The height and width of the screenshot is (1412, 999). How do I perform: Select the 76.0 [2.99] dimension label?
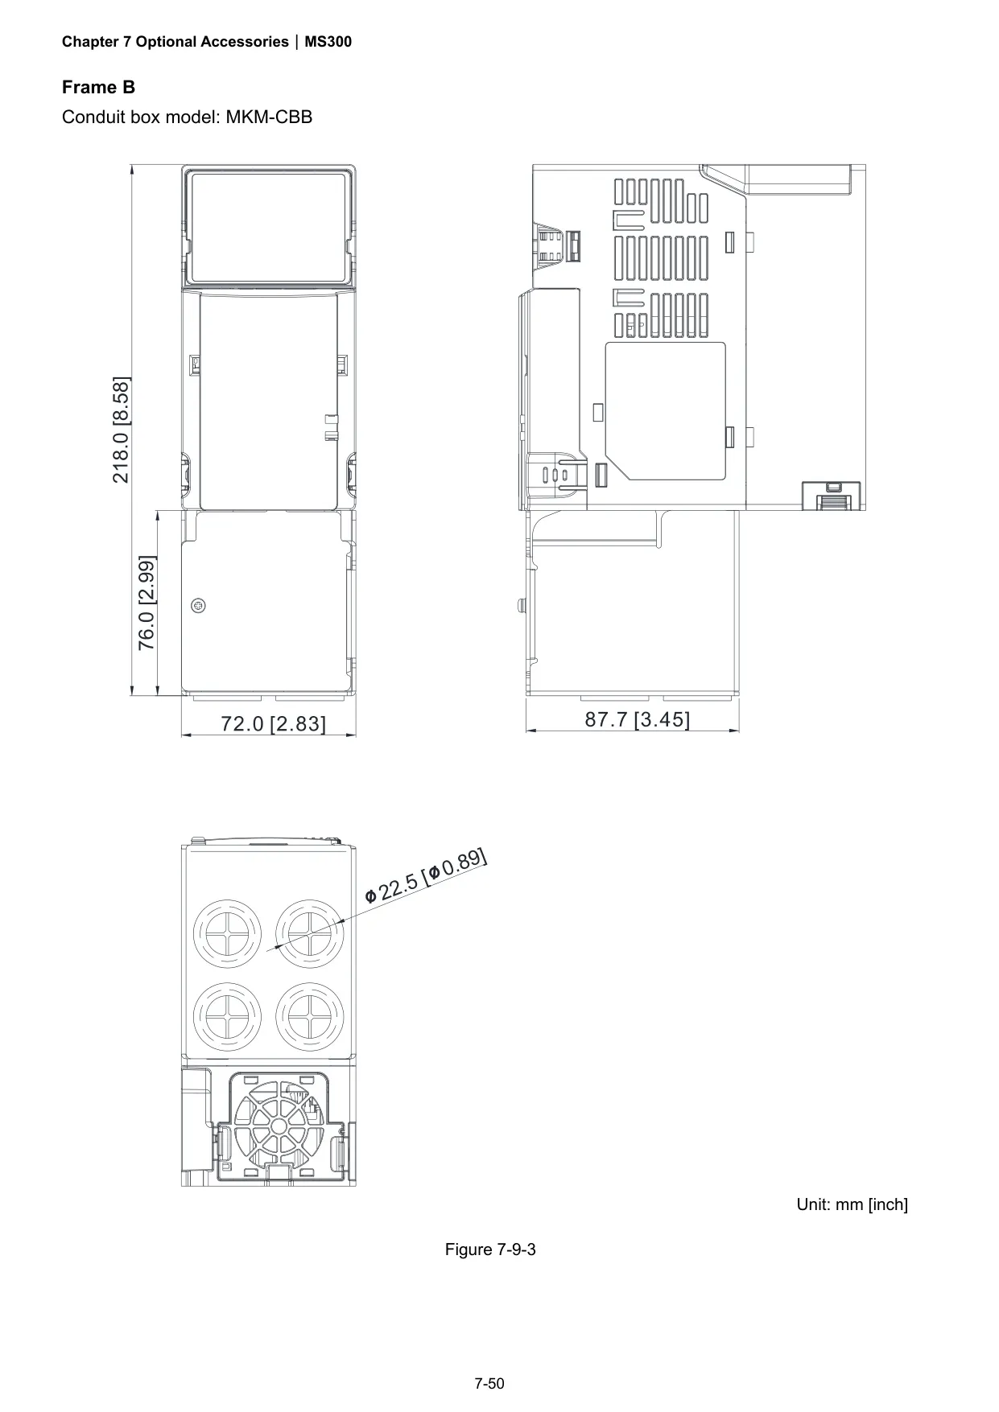[x=147, y=603]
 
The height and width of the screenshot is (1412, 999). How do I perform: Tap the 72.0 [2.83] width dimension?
[x=274, y=724]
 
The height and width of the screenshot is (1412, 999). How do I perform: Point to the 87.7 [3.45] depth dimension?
[x=638, y=719]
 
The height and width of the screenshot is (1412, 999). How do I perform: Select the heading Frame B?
[x=99, y=88]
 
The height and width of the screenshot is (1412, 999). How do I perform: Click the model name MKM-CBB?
[x=269, y=117]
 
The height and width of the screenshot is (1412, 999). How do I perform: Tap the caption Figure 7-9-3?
[x=491, y=1249]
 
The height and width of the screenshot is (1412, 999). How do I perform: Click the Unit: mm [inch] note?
[x=852, y=1204]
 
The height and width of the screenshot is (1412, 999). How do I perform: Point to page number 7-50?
[x=489, y=1384]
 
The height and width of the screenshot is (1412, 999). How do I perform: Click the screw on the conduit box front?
[x=198, y=605]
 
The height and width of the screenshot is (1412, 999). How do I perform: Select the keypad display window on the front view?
[x=268, y=228]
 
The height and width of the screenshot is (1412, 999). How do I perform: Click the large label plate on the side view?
[x=665, y=410]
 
